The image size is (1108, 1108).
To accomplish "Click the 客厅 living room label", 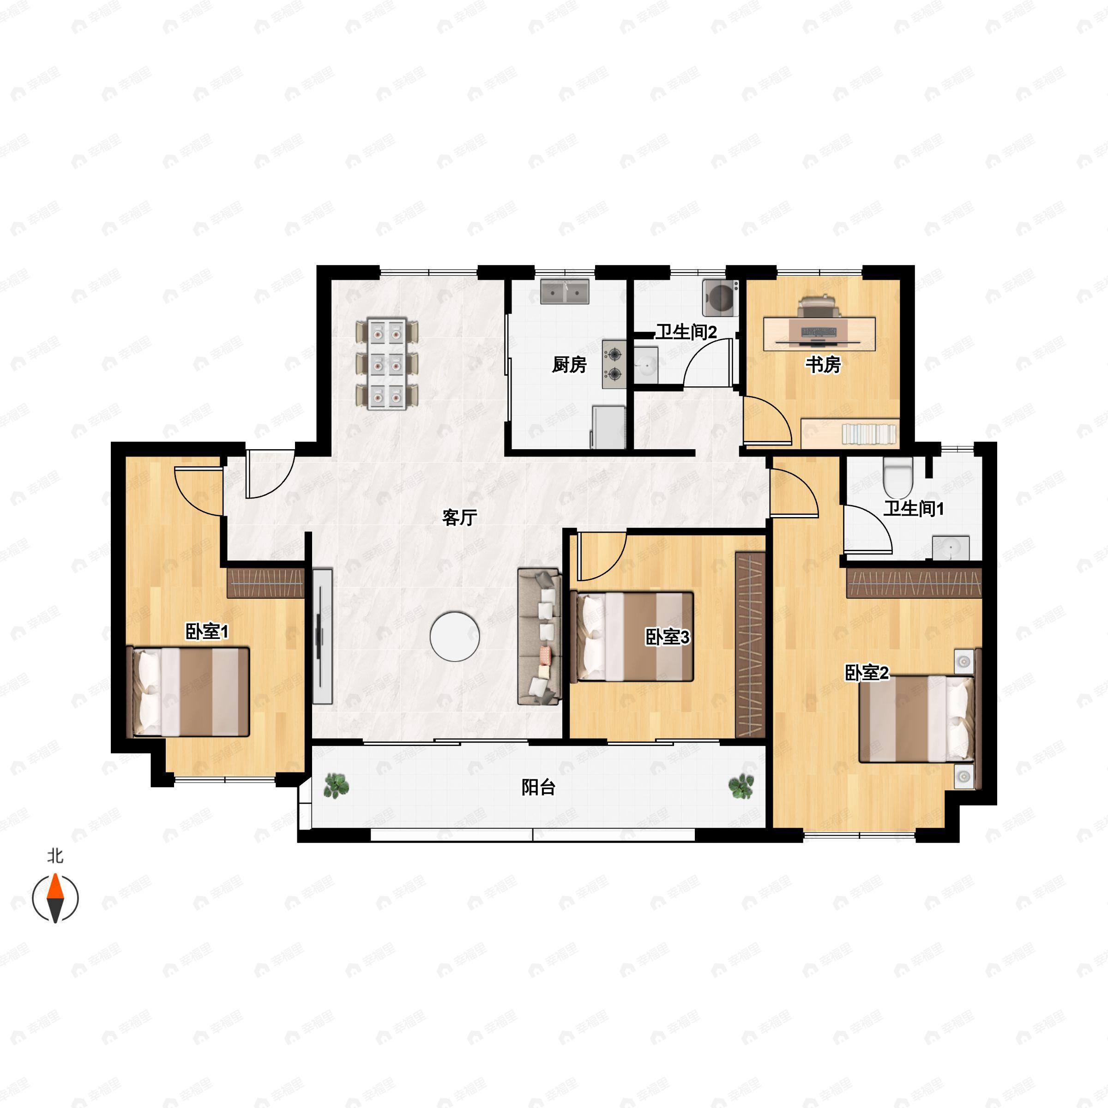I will tap(459, 518).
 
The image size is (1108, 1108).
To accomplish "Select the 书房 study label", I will tap(823, 365).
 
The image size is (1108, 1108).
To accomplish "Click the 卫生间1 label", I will tap(913, 509).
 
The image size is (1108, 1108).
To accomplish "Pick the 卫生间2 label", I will tap(686, 332).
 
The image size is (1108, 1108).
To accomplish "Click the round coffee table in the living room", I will tap(455, 637).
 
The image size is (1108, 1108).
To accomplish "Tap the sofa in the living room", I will tap(539, 637).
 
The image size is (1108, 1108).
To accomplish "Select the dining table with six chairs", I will tap(387, 364).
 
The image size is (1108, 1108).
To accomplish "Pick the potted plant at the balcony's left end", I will tap(336, 786).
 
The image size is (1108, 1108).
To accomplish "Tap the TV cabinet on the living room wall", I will tap(322, 637).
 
